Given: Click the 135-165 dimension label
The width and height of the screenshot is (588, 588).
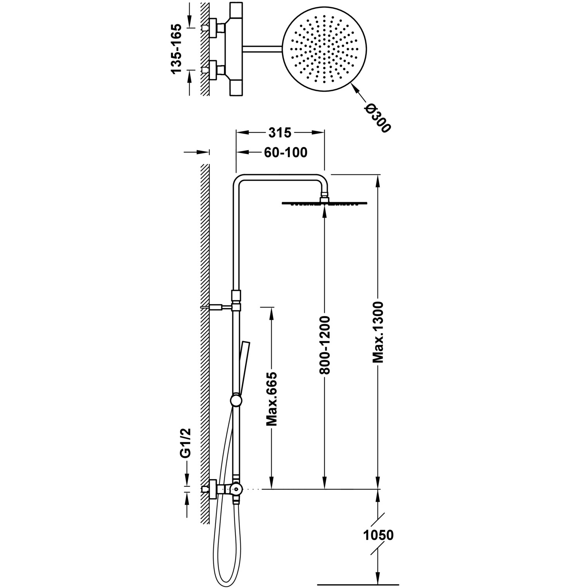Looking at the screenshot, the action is (176, 49).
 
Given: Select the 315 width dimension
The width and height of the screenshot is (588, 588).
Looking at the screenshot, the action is (279, 133).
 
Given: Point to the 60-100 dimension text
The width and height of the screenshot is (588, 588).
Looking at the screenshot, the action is (285, 152).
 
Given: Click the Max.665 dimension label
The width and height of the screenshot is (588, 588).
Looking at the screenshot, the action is (272, 399).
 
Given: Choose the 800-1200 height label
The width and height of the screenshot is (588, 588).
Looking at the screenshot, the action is (325, 344).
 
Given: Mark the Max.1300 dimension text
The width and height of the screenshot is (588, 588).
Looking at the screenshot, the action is (378, 332).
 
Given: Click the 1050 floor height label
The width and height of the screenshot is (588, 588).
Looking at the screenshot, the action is (378, 535).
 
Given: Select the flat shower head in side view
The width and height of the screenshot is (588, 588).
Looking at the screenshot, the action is (325, 203).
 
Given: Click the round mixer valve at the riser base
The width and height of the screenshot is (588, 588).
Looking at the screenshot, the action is (236, 488).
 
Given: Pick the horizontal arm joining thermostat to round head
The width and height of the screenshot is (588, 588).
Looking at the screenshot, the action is (263, 48).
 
